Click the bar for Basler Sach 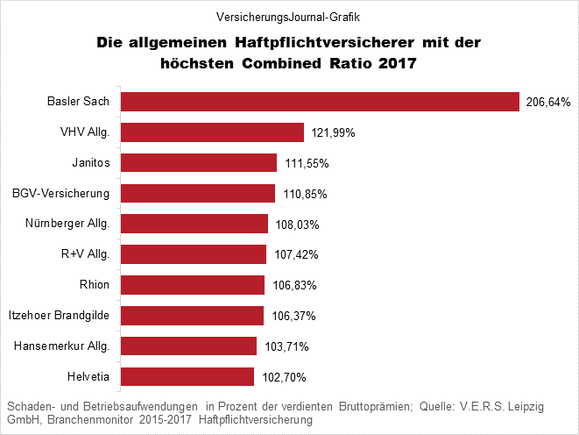pos(320,102)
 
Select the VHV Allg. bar pos(212,132)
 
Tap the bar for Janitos pos(198,163)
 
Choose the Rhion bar pos(192,285)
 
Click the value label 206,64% pos(547,103)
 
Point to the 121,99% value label pos(333,133)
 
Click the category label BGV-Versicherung pos(61,193)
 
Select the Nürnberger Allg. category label pos(67,224)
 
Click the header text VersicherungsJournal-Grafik pos(288,16)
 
